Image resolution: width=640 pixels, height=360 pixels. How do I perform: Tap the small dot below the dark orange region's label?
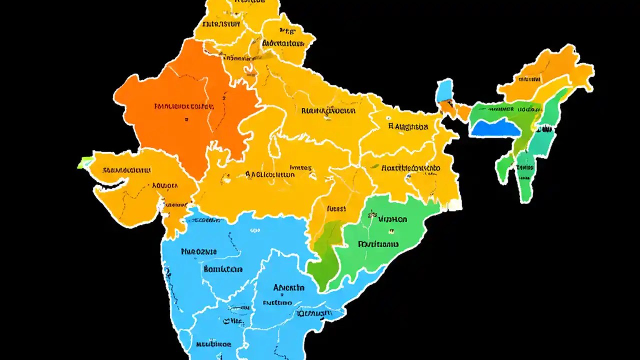point(186,120)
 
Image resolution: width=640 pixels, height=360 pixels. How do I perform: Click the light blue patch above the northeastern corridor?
point(444,91)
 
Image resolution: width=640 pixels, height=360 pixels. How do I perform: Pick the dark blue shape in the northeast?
point(495,129)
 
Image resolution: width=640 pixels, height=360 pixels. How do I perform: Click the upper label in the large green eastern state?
point(392,219)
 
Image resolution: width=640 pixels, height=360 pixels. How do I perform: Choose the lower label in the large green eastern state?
point(378,244)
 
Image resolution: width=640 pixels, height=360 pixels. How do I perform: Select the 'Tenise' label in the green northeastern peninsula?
point(525,167)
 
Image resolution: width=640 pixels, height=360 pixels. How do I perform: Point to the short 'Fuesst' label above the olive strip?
point(336,209)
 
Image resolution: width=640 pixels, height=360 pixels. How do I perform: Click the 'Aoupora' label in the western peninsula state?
point(164,185)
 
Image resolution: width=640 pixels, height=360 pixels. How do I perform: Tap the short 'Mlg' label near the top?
point(287,31)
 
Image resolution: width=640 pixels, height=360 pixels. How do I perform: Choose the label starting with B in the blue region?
point(223,269)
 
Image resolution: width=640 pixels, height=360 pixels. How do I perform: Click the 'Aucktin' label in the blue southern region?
point(288,287)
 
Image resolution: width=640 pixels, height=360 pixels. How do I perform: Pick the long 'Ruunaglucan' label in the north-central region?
point(328,110)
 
